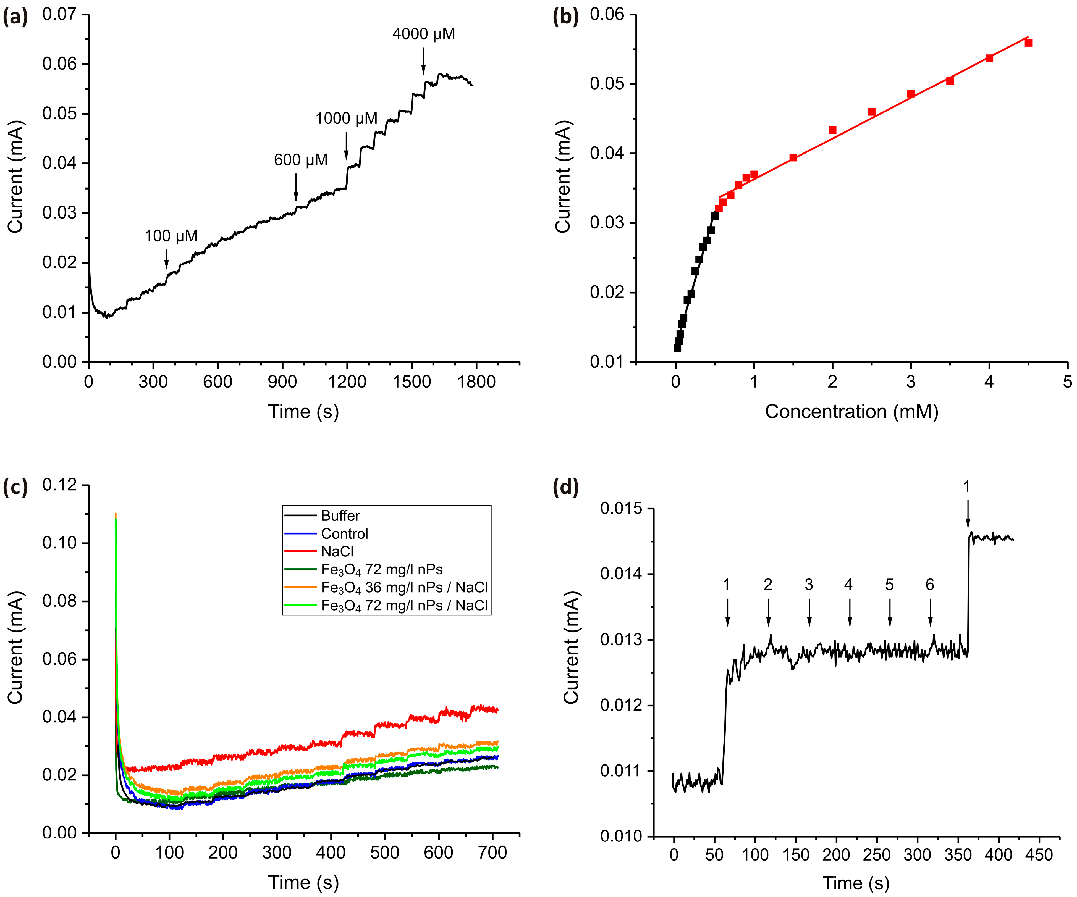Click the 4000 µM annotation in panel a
[x=424, y=34]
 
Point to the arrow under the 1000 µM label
[x=346, y=146]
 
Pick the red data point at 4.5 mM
[x=1028, y=43]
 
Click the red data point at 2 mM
[x=832, y=130]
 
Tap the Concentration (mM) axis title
[x=851, y=412]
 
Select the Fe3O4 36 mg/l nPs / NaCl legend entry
[x=404, y=587]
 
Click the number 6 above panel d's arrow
[x=930, y=585]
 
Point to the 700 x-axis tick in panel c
[x=492, y=853]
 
